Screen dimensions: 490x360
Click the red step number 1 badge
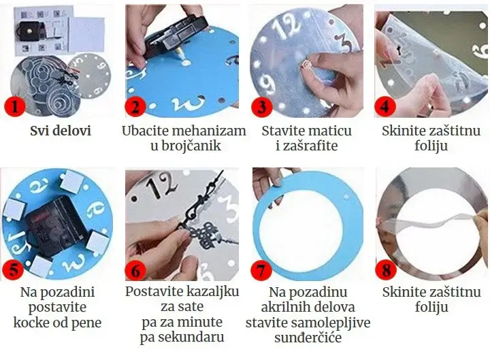tap(15, 107)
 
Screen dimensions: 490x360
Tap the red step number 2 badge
tap(135, 107)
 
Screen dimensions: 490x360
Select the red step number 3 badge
tap(262, 107)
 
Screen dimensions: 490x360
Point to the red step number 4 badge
tap(386, 107)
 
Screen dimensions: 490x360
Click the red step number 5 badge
tap(13, 269)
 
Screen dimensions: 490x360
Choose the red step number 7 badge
tap(262, 269)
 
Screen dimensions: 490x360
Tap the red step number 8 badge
tap(387, 269)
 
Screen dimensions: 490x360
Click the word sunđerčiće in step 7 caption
tap(308, 337)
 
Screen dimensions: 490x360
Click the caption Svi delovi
tap(61, 131)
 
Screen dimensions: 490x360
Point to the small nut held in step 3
tap(306, 65)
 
